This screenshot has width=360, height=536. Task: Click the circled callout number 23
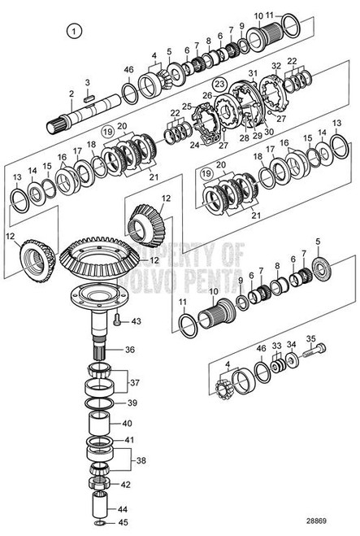[x=219, y=84]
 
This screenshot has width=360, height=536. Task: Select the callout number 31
[x=253, y=74]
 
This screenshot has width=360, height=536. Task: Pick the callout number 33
[x=276, y=345]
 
